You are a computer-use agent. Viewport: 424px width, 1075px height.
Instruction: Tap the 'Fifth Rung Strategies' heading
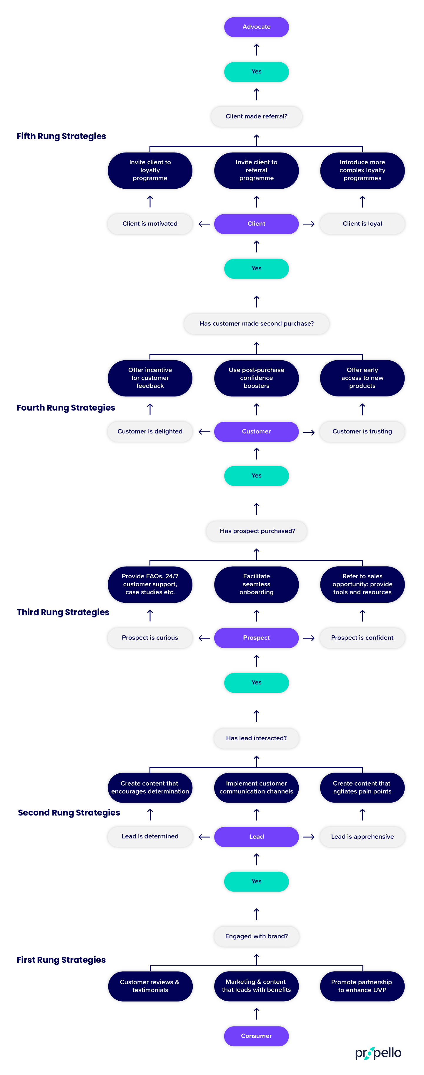tap(61, 136)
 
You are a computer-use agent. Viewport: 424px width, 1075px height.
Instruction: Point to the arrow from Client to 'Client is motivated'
tap(204, 224)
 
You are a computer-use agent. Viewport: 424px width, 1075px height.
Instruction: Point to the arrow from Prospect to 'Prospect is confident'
tap(308, 638)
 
